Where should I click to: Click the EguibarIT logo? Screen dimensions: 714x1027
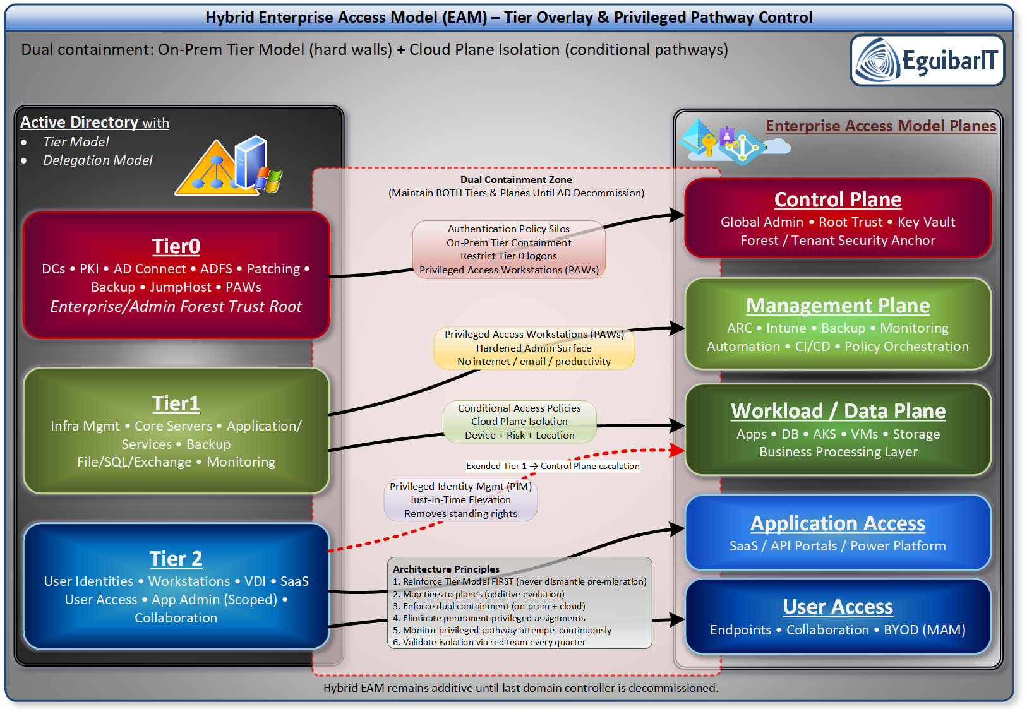point(927,61)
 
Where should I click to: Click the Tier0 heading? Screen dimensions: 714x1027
point(176,246)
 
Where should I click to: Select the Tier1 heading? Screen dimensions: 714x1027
point(176,403)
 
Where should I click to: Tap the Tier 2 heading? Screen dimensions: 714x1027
point(176,559)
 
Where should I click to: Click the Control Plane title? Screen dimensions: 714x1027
point(838,199)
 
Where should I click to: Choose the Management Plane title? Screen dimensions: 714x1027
point(838,306)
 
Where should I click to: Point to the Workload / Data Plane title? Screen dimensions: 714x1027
point(838,411)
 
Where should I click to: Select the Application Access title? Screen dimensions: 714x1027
point(838,523)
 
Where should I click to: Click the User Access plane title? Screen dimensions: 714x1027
point(838,607)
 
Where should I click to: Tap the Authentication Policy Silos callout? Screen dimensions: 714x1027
point(509,249)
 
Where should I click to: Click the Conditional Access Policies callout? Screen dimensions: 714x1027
point(520,421)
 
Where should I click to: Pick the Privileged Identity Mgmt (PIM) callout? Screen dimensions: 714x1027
point(460,500)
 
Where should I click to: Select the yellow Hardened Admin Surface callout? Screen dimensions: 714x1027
point(534,348)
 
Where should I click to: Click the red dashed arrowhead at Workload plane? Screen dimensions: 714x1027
point(678,450)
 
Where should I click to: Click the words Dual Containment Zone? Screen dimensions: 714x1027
point(516,180)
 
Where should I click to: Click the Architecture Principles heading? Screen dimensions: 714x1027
point(446,569)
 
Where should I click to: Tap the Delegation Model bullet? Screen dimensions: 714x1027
point(98,160)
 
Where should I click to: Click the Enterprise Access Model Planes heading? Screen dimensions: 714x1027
point(880,126)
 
